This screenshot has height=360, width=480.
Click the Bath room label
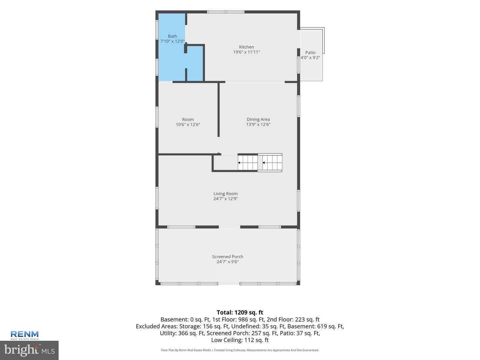click(x=172, y=36)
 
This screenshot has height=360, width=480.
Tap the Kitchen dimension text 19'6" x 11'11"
click(x=246, y=52)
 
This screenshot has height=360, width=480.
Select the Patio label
click(x=310, y=52)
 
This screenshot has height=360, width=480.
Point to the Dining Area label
click(x=258, y=119)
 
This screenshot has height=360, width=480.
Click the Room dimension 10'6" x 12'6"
click(x=188, y=125)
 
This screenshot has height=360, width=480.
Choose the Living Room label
click(x=225, y=194)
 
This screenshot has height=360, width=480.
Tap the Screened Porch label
click(x=228, y=257)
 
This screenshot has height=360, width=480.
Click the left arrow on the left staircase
click(x=239, y=163)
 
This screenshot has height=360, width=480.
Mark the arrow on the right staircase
click(x=264, y=163)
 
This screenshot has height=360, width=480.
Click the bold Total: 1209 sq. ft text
click(x=240, y=312)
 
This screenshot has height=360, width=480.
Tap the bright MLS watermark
click(x=29, y=350)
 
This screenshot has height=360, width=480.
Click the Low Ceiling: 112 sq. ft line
click(x=240, y=340)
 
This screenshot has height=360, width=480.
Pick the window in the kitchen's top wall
click(x=226, y=12)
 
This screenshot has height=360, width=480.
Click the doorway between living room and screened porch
click(x=229, y=227)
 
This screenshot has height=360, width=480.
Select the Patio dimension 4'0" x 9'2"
click(x=310, y=58)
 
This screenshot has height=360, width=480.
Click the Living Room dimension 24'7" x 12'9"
click(x=225, y=199)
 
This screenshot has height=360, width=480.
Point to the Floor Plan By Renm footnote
click(x=240, y=350)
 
